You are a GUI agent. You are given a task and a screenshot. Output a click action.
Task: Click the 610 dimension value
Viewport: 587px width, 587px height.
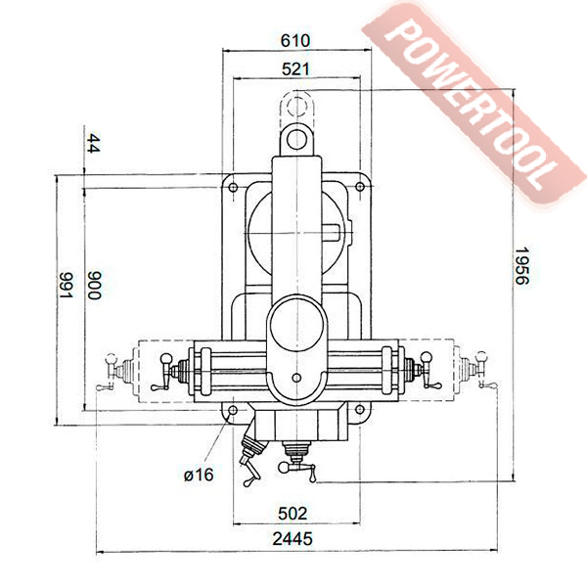(x=295, y=40)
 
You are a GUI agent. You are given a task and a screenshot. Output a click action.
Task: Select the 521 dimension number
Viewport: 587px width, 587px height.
(x=295, y=69)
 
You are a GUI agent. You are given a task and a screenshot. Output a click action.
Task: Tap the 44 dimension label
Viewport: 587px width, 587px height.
(x=93, y=144)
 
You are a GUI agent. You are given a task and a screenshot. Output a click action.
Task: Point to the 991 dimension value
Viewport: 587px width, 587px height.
(x=67, y=286)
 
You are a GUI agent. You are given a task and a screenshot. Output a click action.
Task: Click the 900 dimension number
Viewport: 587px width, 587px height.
(x=94, y=285)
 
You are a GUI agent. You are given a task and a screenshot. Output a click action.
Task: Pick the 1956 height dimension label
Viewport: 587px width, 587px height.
(x=521, y=265)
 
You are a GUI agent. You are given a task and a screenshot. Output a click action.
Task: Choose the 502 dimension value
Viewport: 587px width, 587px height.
(x=293, y=514)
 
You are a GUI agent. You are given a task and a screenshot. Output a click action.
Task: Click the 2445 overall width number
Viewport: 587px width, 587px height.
(x=293, y=539)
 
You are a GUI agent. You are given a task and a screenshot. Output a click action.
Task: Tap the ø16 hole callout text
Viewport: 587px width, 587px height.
(x=199, y=474)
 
